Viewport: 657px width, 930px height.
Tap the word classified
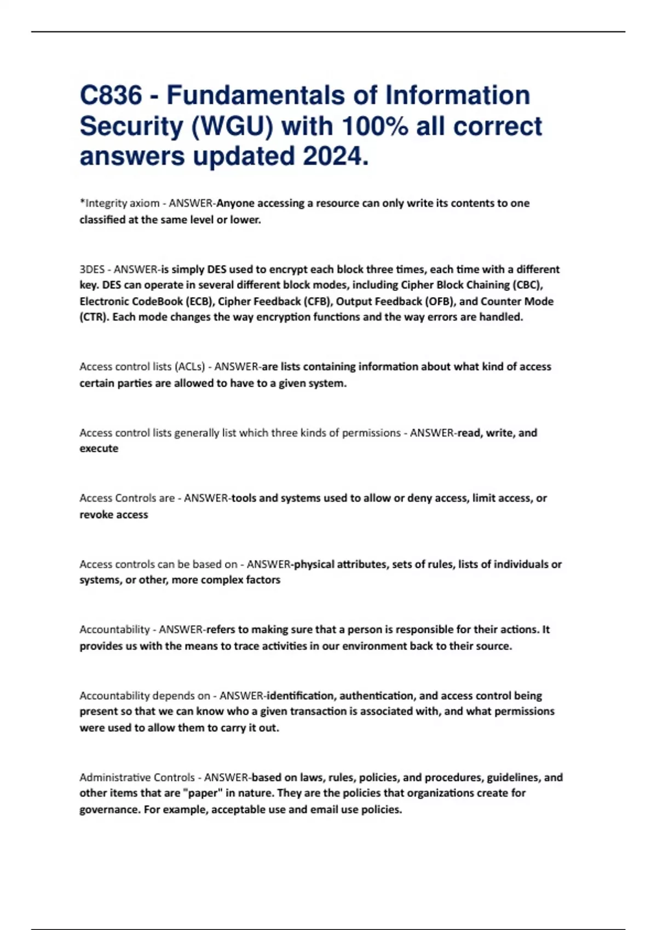pyautogui.click(x=102, y=220)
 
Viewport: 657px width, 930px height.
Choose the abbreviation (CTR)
pyautogui.click(x=93, y=317)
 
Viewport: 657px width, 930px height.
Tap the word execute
pyautogui.click(x=99, y=449)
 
